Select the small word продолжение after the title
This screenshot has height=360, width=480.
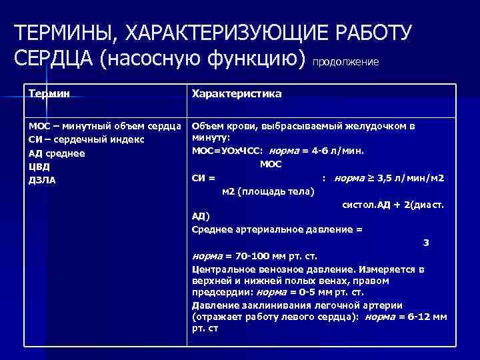click(x=345, y=62)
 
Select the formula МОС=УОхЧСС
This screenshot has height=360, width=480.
click(x=227, y=151)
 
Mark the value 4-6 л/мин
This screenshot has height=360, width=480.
click(x=334, y=151)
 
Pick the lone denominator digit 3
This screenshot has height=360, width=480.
click(x=427, y=243)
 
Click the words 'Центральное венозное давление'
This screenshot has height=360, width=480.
click(x=273, y=269)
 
